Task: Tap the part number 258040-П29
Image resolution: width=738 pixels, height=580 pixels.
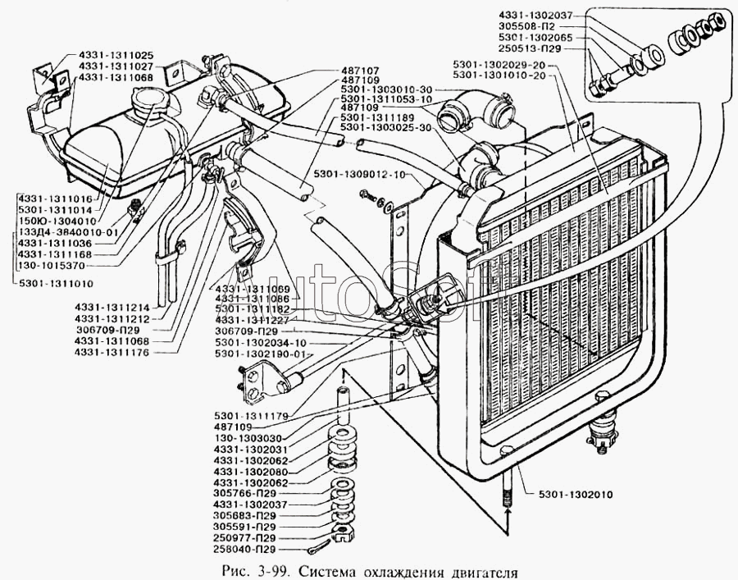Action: (x=245, y=549)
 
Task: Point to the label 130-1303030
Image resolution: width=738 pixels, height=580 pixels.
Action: (x=246, y=438)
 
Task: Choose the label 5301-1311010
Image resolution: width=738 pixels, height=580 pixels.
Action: (x=52, y=283)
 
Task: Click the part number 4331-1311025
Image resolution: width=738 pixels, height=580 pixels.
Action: (x=116, y=54)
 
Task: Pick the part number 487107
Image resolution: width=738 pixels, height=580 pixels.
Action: (x=359, y=71)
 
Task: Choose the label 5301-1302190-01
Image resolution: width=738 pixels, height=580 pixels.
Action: (x=259, y=354)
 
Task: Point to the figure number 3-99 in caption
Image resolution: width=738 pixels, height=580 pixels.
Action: (x=272, y=570)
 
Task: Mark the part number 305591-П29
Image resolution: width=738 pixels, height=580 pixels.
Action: (x=245, y=526)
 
